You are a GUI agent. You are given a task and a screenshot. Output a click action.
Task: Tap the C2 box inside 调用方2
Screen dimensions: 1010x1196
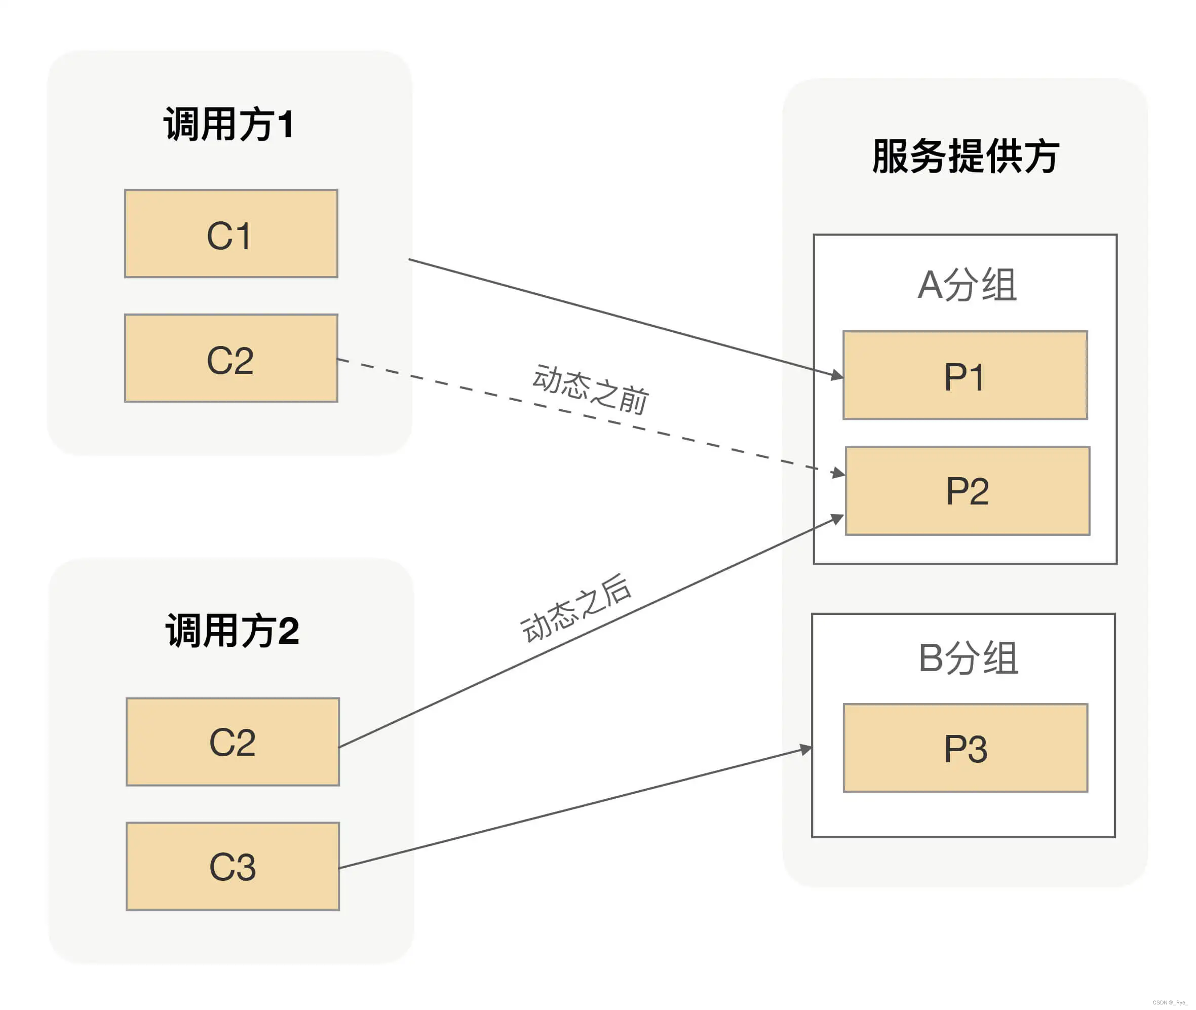coord(233,742)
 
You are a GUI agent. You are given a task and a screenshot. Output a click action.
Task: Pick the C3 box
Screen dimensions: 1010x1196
coord(233,866)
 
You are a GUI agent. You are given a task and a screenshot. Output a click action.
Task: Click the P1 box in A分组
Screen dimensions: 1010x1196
coord(964,375)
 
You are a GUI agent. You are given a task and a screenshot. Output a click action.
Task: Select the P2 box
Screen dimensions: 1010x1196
coord(967,491)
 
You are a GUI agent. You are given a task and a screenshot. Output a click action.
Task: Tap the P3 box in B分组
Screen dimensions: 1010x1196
coord(966,748)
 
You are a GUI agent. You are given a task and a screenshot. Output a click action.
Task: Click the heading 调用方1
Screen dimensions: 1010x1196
coord(229,124)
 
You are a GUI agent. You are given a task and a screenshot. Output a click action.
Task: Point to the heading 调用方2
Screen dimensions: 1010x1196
coord(232,631)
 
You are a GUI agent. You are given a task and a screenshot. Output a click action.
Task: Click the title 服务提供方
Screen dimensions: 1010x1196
coord(966,156)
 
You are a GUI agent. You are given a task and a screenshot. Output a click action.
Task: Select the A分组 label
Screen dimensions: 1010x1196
coord(967,285)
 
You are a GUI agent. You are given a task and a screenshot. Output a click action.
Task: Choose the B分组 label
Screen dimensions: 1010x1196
coord(968,657)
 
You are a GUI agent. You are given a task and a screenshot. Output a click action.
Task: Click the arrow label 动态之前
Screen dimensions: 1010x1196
coord(590,390)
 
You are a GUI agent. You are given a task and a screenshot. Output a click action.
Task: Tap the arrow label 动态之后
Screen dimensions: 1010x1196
coord(576,608)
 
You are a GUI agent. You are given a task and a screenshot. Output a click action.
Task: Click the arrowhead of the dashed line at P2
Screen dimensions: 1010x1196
coord(839,473)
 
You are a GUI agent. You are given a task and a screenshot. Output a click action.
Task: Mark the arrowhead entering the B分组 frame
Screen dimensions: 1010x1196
coord(805,749)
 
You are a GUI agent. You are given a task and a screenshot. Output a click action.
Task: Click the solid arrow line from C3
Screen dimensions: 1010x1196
coord(572,808)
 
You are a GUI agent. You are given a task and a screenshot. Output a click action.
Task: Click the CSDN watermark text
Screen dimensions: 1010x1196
coord(1170,1002)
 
